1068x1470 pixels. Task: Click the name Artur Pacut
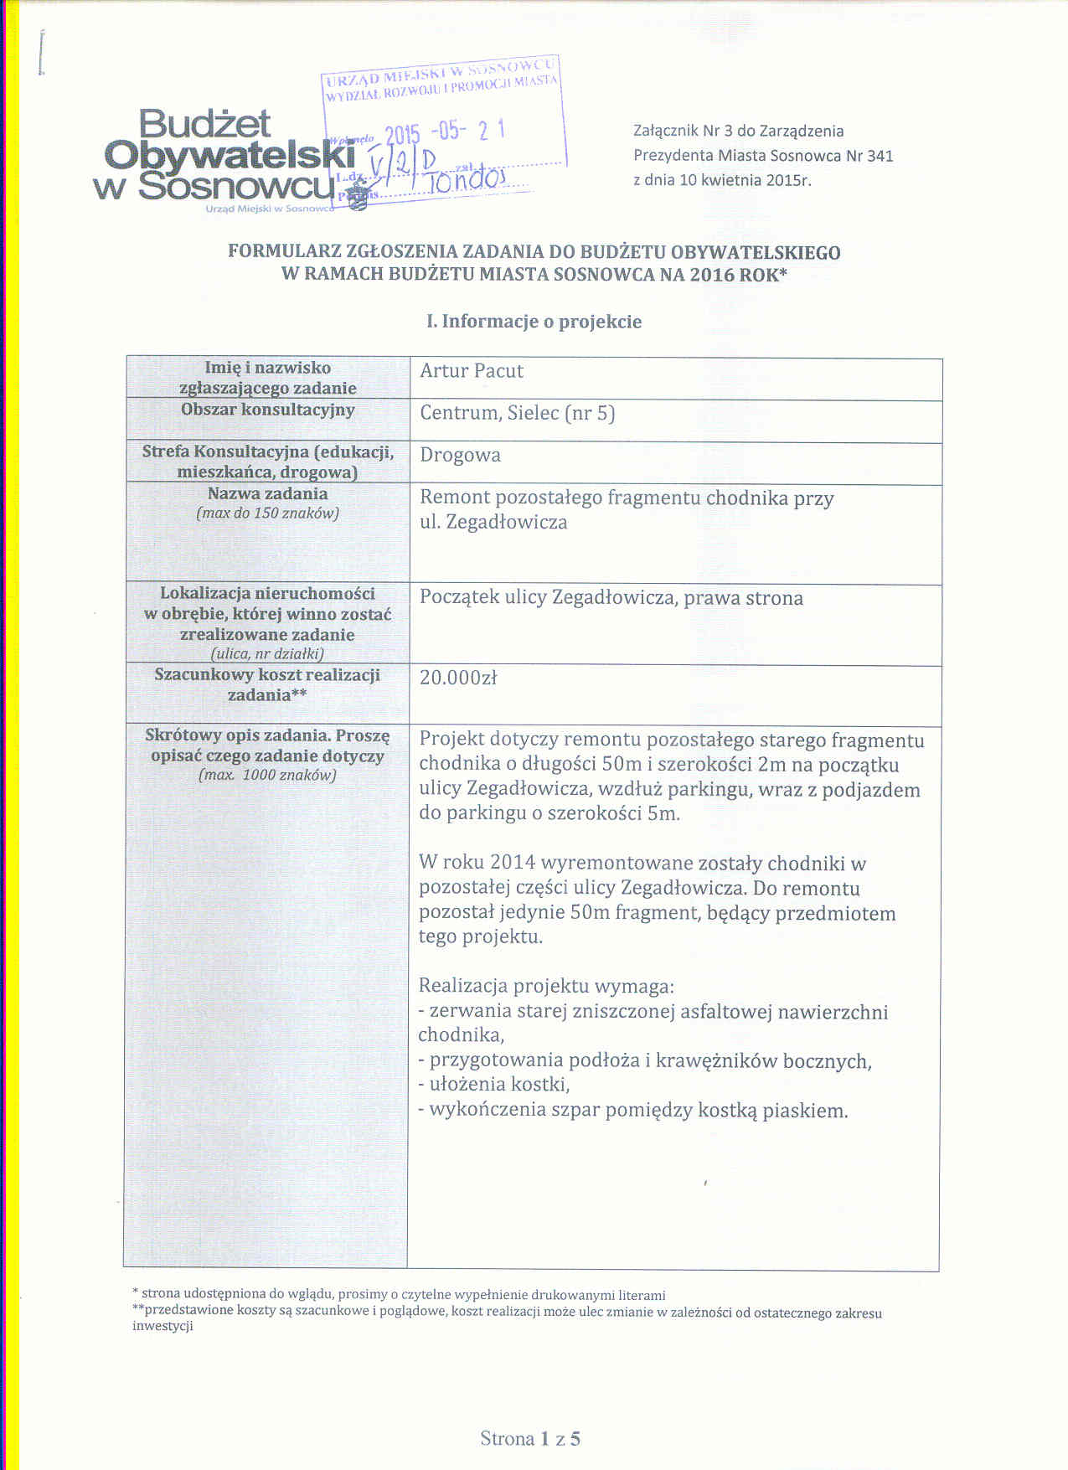(x=472, y=371)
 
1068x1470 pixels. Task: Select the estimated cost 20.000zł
(x=458, y=678)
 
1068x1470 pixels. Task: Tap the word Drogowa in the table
(x=460, y=456)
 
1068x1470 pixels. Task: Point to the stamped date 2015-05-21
(x=444, y=133)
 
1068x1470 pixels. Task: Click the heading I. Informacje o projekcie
(x=534, y=322)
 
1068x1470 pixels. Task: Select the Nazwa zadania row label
(x=267, y=494)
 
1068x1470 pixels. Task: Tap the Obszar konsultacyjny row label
(x=267, y=410)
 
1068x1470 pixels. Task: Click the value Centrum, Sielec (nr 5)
(x=517, y=414)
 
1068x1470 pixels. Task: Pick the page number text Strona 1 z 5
(x=530, y=1439)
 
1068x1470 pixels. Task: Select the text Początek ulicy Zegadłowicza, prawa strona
(x=611, y=598)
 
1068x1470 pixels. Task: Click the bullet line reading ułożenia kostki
(x=494, y=1085)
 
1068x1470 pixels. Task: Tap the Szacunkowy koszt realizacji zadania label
(x=267, y=684)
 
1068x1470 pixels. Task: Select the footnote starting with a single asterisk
(x=399, y=1294)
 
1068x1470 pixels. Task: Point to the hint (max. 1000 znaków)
(x=267, y=776)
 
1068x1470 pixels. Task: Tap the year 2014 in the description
(x=513, y=864)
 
